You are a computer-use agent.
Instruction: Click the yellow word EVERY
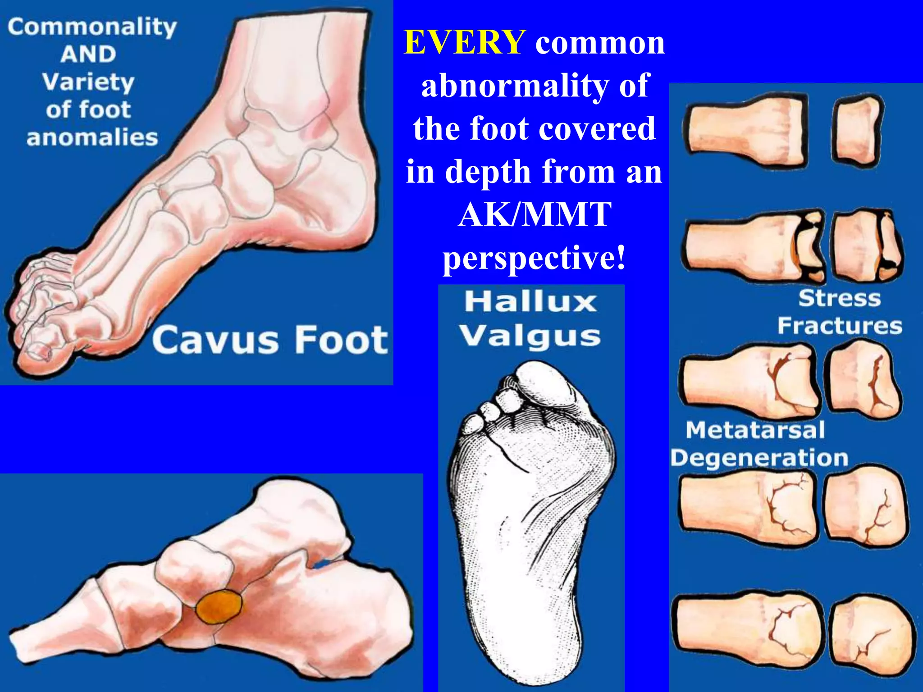coord(464,43)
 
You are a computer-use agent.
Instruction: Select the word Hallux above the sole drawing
coord(531,301)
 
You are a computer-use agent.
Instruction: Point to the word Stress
coord(839,299)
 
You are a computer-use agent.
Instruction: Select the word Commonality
coord(92,27)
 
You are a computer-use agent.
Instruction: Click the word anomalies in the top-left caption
coord(92,137)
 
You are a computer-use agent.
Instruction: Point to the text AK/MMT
coord(535,214)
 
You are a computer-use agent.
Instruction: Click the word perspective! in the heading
coord(535,258)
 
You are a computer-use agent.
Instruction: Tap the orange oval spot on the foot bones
coord(219,607)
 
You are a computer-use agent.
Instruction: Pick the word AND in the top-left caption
coord(88,55)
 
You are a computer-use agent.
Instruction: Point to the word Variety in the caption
coord(88,82)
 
